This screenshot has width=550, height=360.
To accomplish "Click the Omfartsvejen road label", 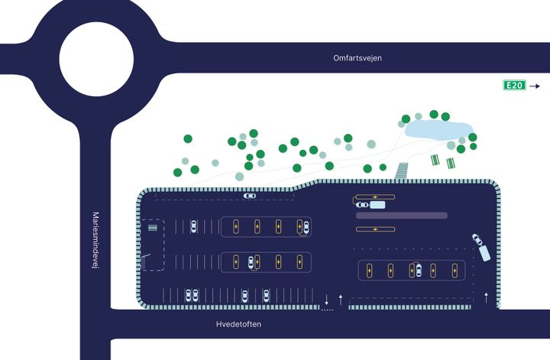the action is [x=357, y=58].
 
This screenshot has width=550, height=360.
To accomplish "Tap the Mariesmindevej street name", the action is [x=95, y=240].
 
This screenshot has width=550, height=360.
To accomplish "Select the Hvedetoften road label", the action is [x=238, y=324].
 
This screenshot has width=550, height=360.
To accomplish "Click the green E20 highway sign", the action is [x=514, y=86].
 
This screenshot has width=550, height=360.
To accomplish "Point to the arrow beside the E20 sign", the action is [x=535, y=86].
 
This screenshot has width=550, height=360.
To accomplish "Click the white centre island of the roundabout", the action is [x=96, y=59].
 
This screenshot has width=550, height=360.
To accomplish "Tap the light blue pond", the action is [x=438, y=129].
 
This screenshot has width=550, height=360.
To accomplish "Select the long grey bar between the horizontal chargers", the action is [x=402, y=216].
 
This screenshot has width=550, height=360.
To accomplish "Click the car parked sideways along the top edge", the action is [x=249, y=196].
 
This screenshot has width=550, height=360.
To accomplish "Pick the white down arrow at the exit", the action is [x=327, y=300].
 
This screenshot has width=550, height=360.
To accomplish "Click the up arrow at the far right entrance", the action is [x=486, y=297].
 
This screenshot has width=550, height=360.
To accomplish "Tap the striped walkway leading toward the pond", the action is [x=402, y=171].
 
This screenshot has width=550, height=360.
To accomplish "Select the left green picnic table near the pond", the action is [x=435, y=160].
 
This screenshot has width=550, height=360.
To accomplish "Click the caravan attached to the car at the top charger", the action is [x=377, y=205].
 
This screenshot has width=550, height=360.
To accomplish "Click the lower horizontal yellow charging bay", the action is [x=375, y=229].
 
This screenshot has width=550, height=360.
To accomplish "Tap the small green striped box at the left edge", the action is [x=153, y=228].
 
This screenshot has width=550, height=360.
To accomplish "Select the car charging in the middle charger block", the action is [x=251, y=262].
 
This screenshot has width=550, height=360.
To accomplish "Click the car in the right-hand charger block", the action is [x=419, y=270].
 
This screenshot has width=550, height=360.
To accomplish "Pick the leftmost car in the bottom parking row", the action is [x=189, y=296].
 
